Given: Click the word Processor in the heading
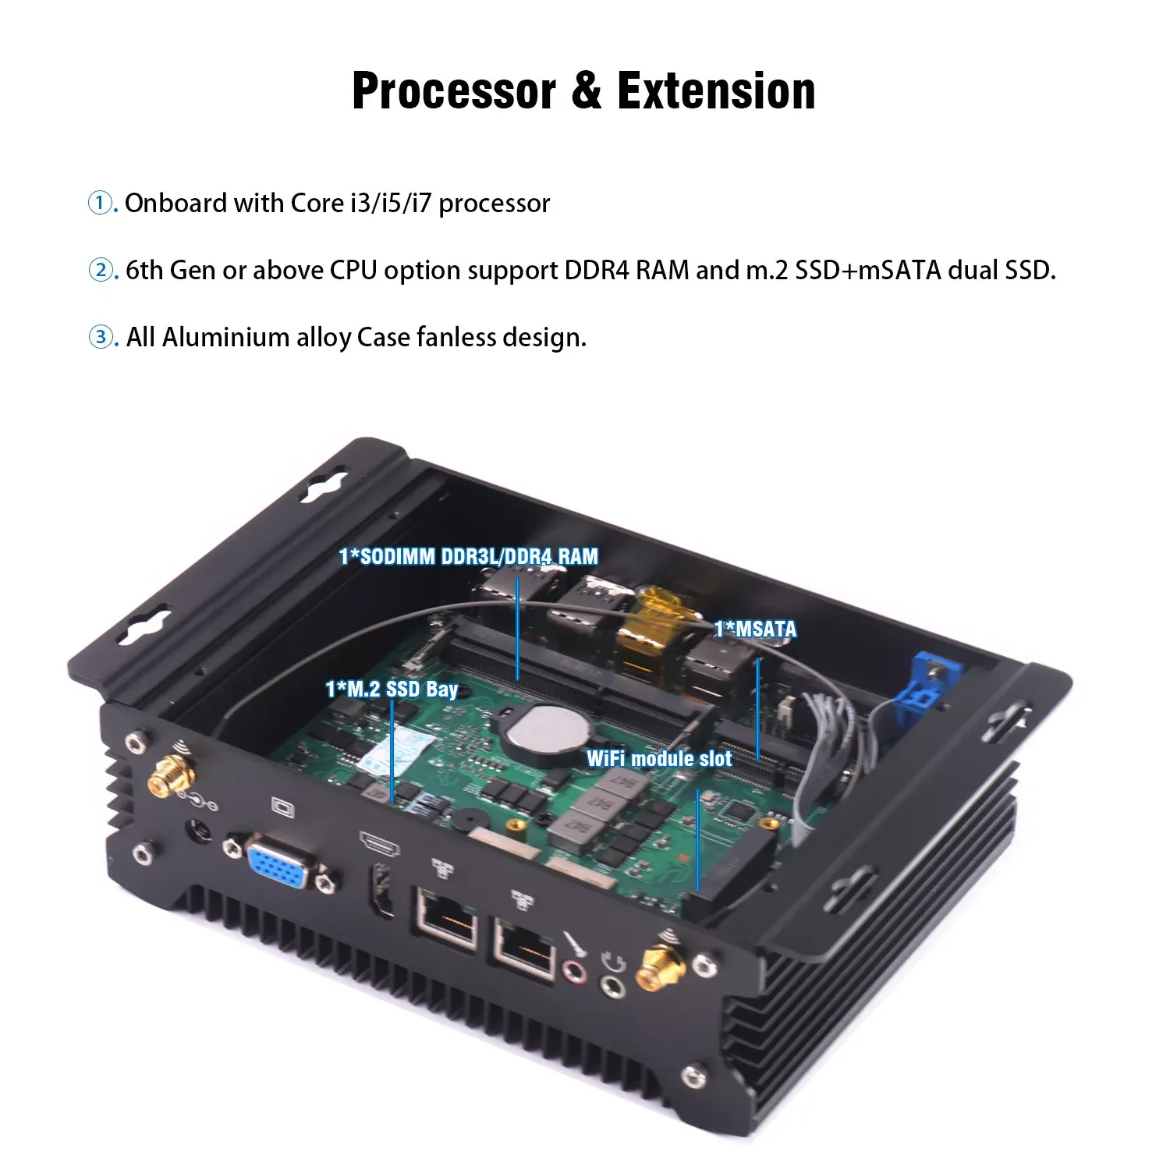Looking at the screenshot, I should click(x=455, y=91).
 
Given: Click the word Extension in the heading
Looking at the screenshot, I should click(x=716, y=91).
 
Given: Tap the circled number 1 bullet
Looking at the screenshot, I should click(x=100, y=203).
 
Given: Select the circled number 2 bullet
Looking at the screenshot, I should click(x=100, y=271).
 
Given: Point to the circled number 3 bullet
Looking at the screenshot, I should click(x=100, y=338).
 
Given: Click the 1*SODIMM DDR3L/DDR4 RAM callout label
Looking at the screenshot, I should click(x=469, y=556).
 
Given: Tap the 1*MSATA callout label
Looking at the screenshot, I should click(x=755, y=629).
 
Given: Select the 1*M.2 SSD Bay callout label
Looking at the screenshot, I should click(x=392, y=689).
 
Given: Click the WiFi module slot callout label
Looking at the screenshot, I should click(x=659, y=758).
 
